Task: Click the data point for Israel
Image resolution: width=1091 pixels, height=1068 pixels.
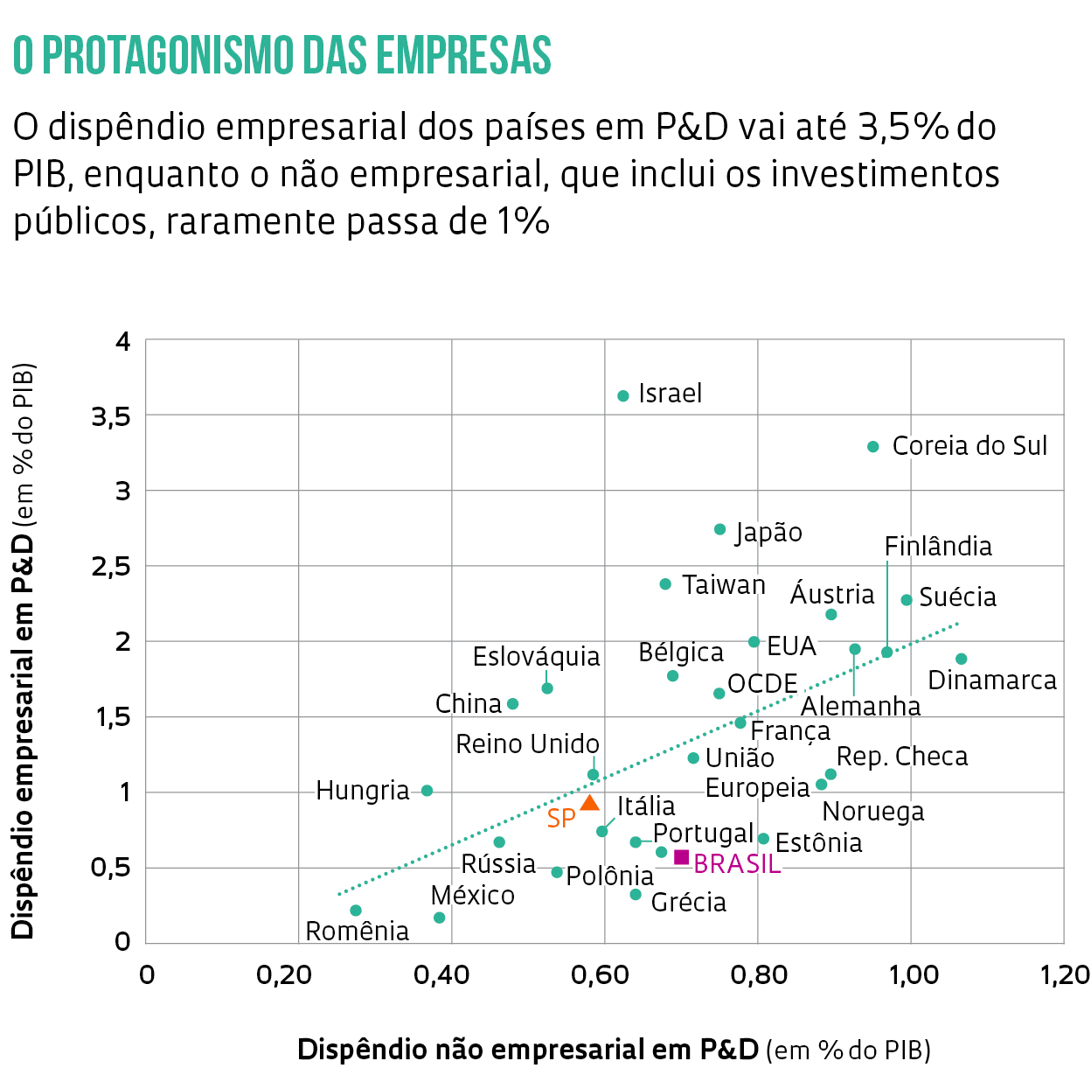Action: click(x=623, y=396)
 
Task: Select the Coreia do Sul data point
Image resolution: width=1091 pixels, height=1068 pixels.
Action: click(x=872, y=447)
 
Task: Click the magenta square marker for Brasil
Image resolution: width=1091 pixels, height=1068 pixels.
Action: click(x=681, y=857)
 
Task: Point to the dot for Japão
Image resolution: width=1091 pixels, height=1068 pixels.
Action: click(x=719, y=529)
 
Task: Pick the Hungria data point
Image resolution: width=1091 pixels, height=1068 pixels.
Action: click(x=427, y=791)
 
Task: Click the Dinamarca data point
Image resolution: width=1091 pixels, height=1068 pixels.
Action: click(x=962, y=659)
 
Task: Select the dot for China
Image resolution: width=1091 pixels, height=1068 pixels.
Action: click(x=513, y=704)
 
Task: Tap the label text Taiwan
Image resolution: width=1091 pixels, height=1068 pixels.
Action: click(x=723, y=585)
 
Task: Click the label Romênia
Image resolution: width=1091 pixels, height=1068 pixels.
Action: click(x=357, y=931)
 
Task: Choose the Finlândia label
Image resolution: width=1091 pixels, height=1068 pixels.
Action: click(x=938, y=547)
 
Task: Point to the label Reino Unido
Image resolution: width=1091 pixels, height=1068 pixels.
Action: click(x=527, y=744)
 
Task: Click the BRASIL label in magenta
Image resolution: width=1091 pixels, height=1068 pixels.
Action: click(x=737, y=864)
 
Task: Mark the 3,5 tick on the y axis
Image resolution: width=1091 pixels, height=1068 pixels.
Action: click(x=111, y=416)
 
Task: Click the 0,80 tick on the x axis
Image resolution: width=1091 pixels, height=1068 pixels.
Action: click(x=758, y=974)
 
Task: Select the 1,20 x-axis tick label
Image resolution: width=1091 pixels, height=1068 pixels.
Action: click(x=1064, y=974)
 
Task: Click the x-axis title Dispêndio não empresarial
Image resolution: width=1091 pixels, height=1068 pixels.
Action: click(x=528, y=1049)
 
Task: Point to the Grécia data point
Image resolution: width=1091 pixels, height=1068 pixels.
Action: click(x=636, y=894)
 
